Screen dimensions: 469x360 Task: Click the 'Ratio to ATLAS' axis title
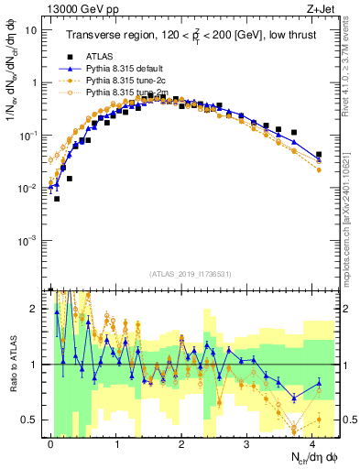12,365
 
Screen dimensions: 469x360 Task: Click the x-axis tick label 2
181,442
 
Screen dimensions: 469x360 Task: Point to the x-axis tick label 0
50,442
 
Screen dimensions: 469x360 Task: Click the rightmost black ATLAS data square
319,155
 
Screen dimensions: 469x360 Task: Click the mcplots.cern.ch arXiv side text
353,229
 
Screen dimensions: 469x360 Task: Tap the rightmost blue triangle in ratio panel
319,383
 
